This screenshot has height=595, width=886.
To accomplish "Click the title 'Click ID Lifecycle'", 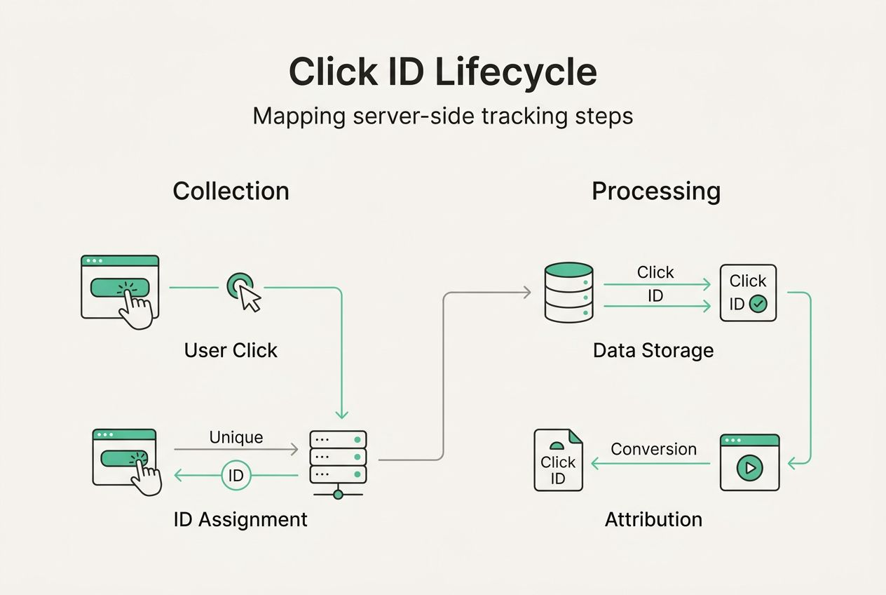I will point(442,72).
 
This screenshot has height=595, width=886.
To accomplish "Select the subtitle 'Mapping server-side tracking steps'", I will point(442,116).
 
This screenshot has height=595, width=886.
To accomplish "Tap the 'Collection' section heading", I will point(231,191).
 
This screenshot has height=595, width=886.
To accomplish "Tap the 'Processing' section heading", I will point(655,191).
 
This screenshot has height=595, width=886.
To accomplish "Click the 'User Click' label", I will point(231,350).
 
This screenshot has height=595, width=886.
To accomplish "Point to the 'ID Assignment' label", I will point(240,519).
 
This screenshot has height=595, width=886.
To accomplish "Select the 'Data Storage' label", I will point(653,350).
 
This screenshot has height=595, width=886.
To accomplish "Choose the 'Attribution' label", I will point(653,519).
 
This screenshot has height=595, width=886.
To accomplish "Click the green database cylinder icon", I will point(568,293).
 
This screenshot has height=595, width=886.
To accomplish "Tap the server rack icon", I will point(338,457).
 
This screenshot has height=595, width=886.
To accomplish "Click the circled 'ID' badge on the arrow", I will point(236,476).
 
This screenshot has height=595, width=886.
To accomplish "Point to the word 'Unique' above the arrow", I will point(236,437).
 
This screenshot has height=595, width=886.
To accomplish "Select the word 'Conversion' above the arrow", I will point(653,449).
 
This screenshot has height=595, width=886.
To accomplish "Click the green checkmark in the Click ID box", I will point(758,304).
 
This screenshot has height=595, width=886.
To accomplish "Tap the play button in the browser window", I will point(749,467).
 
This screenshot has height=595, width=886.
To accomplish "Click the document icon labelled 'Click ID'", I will point(558,460).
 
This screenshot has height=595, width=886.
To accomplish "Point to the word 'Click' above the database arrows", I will point(655,272).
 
